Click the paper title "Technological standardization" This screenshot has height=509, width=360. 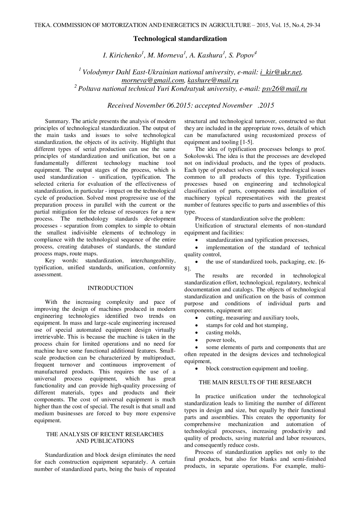click(x=180, y=39)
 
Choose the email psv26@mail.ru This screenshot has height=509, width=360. click(x=284, y=89)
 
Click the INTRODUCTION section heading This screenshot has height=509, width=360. click(x=110, y=288)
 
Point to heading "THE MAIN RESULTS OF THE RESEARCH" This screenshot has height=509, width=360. click(x=255, y=382)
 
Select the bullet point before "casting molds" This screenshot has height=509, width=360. click(x=197, y=333)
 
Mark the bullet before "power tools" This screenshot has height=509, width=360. click(x=197, y=340)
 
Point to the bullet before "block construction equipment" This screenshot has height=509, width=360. click(x=197, y=369)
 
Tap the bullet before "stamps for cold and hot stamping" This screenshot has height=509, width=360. click(x=197, y=326)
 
